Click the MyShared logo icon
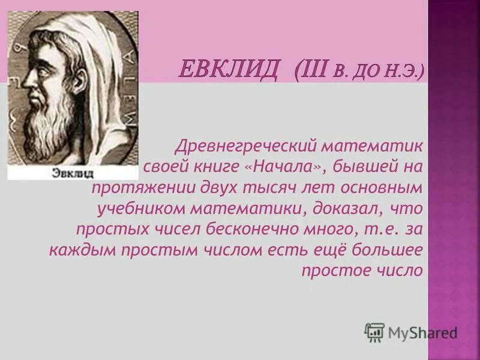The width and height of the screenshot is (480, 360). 374,332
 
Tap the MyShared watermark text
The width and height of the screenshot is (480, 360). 422,332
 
